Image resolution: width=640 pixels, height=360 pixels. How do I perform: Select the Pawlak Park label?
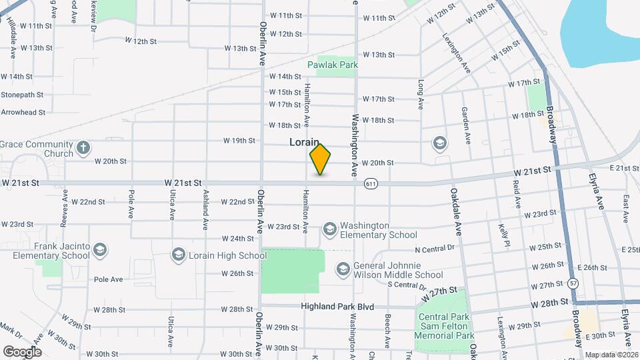tap(333, 65)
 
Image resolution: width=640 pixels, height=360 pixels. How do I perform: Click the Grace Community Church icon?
tap(83, 147)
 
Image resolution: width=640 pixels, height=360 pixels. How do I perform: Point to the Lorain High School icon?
tap(178, 255)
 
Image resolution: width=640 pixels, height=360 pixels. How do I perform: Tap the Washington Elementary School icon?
tap(329, 229)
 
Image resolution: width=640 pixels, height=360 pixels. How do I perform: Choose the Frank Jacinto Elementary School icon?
tap(99, 250)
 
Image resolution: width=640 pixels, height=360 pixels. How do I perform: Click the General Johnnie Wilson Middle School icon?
tap(343, 269)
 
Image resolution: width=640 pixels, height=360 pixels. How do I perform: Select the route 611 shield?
tap(371, 183)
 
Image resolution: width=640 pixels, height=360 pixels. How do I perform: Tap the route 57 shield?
tap(573, 283)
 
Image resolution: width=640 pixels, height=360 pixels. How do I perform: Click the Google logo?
tap(22, 351)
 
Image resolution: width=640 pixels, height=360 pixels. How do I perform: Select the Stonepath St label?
tap(22, 95)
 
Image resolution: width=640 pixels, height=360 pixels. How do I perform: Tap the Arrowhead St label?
tap(23, 113)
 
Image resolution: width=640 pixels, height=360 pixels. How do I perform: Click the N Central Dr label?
tap(434, 249)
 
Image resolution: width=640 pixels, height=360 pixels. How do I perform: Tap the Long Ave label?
tap(421, 95)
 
